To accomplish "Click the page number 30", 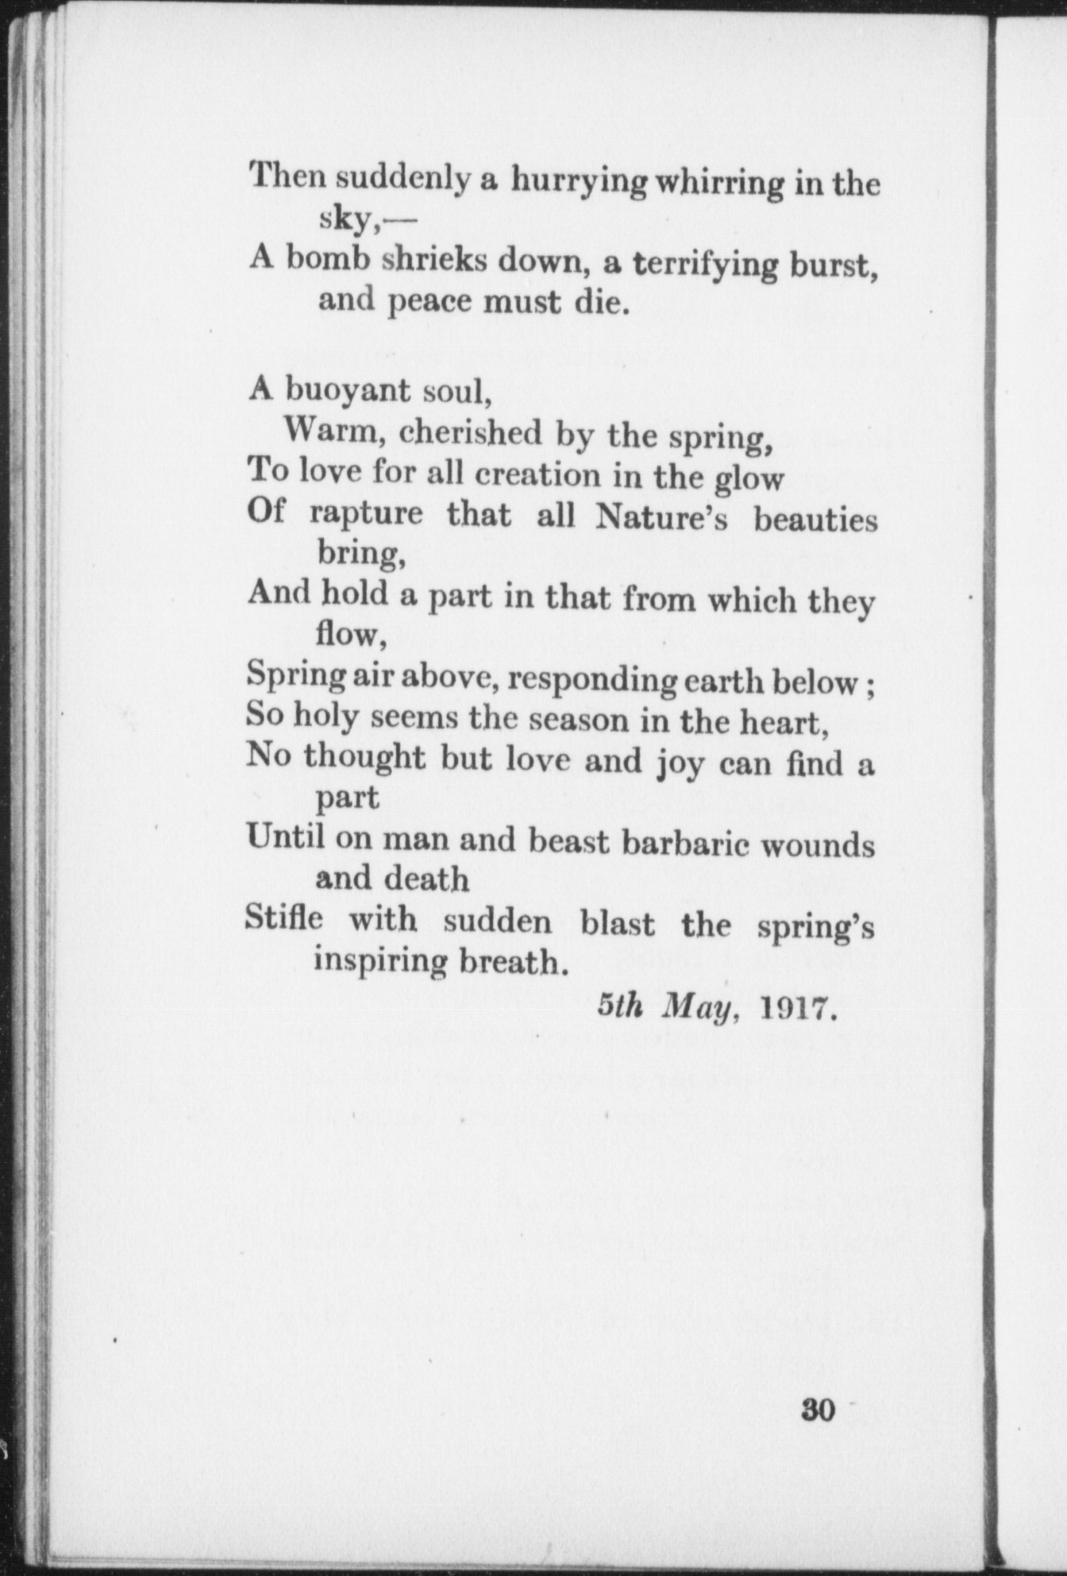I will pyautogui.click(x=819, y=1410).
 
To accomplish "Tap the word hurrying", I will pyautogui.click(x=579, y=182).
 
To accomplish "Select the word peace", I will pyautogui.click(x=428, y=303).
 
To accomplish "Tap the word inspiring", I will pyautogui.click(x=381, y=961).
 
